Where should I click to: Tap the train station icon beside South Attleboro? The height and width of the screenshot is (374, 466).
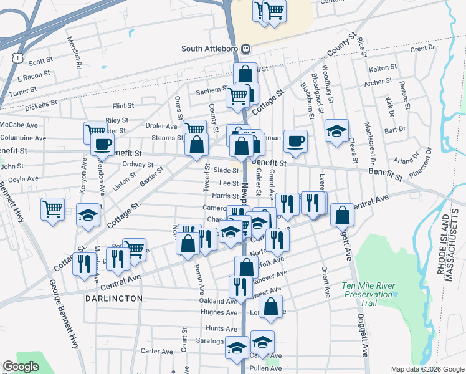pos(246,49)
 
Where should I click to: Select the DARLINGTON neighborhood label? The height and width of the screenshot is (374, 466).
pos(113,299)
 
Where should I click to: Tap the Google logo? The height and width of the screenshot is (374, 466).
pos(21,367)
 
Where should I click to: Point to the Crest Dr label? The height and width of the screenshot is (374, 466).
pos(422,48)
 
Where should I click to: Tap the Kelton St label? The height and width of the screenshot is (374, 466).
pos(383,67)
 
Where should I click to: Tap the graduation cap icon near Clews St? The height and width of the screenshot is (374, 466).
pos(336,131)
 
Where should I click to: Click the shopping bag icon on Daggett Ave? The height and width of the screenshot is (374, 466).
pos(343,215)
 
